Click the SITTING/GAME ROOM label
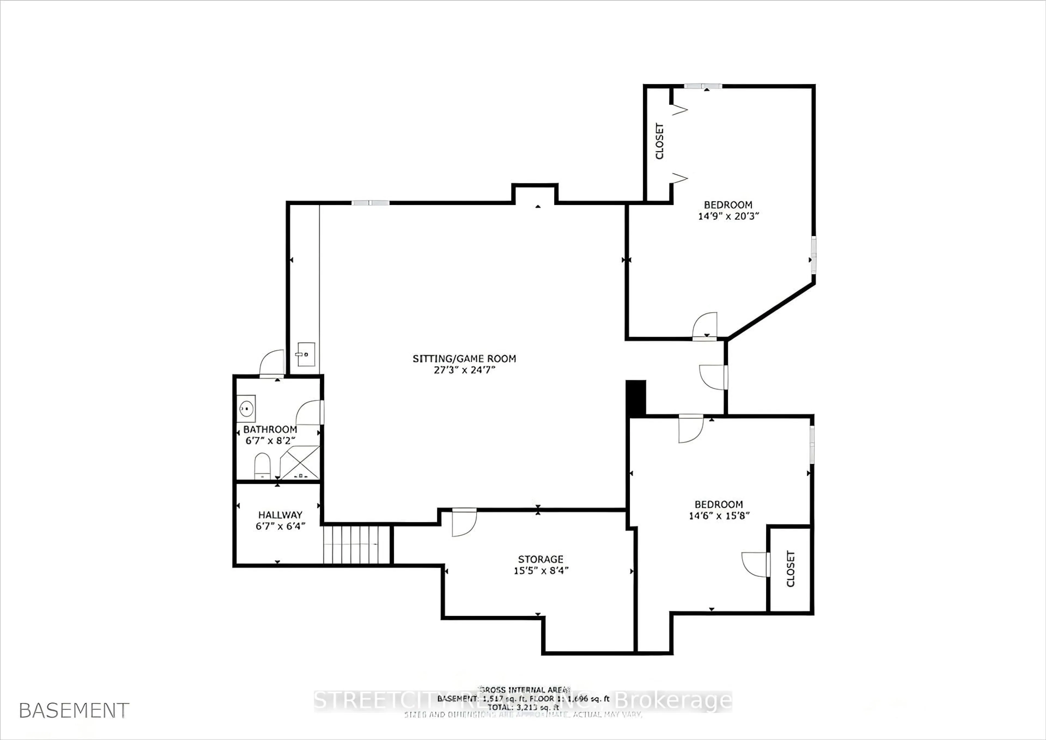[464, 359]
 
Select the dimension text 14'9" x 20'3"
[728, 216]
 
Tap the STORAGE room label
[540, 559]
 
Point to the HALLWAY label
[280, 515]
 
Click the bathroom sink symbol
[246, 408]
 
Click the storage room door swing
[464, 522]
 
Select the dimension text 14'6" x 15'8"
[719, 516]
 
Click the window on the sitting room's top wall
[370, 203]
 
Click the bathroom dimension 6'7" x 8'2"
[270, 441]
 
